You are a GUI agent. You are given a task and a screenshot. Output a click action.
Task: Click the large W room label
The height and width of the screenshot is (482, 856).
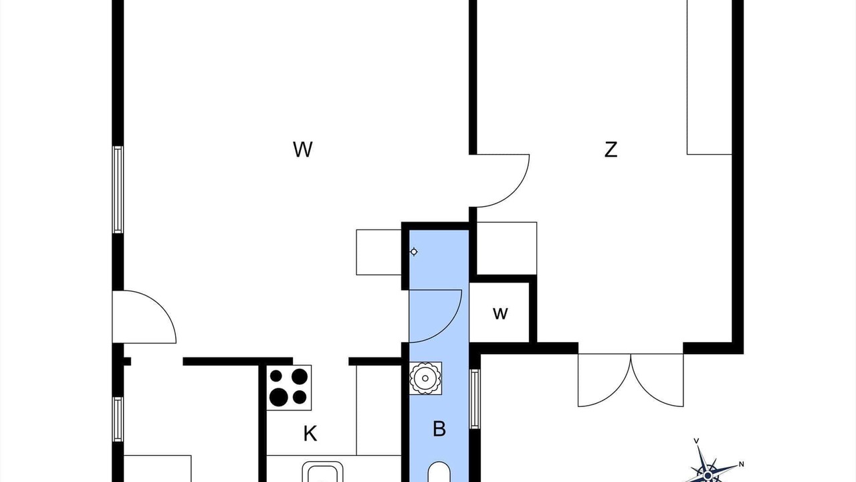pyautogui.click(x=303, y=149)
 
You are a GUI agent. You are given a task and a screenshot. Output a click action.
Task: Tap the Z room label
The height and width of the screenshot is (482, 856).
pyautogui.click(x=611, y=149)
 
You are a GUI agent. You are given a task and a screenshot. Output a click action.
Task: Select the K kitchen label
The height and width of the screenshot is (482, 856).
pyautogui.click(x=310, y=434)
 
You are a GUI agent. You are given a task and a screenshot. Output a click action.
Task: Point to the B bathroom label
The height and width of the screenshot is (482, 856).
pyautogui.click(x=439, y=429)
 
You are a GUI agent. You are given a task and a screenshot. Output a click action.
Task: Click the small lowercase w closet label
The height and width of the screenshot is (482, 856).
pyautogui.click(x=500, y=314)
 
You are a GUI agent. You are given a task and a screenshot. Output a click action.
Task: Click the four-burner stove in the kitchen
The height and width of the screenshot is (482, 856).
pyautogui.click(x=289, y=388)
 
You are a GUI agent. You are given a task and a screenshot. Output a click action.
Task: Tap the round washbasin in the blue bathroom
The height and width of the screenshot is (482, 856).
pyautogui.click(x=425, y=378)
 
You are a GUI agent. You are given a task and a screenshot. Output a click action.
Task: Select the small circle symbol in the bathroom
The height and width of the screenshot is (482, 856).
pyautogui.click(x=413, y=252)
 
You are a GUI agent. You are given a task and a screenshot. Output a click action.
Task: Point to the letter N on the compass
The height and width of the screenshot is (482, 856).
pyautogui.click(x=741, y=465)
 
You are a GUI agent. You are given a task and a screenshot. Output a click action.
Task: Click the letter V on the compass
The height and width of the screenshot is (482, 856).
pyautogui.click(x=696, y=441)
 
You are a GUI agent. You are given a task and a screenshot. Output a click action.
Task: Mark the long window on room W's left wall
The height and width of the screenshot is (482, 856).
pyautogui.click(x=118, y=189)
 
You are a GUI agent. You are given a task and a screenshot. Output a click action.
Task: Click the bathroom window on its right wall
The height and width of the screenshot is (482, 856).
pyautogui.click(x=475, y=399)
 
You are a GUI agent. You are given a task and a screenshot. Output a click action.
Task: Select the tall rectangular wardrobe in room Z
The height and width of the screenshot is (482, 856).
pyautogui.click(x=710, y=77)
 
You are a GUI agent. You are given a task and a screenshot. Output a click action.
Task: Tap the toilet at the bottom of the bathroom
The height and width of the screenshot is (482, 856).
pyautogui.click(x=439, y=473)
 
